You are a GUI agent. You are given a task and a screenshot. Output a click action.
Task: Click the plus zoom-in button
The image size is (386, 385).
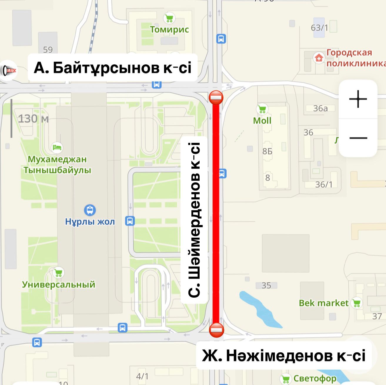coord(358,99)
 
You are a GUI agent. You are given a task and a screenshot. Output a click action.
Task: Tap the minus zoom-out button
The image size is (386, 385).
coord(358,138)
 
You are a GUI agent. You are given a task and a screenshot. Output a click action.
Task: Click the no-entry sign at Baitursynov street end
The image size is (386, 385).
coord(216,98)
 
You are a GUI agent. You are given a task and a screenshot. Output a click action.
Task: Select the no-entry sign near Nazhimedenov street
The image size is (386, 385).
coord(217,330)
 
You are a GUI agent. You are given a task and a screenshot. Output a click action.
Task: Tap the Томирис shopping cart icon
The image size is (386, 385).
coord(169,18)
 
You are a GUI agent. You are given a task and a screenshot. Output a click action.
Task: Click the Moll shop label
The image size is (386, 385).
coord(262,121)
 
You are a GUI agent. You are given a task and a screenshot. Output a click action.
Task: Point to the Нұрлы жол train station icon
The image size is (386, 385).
coord(90,210)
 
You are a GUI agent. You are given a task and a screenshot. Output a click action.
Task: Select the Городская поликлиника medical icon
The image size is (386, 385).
coord(319,58)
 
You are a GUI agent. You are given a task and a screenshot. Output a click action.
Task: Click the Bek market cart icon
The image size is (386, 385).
coord(357,303)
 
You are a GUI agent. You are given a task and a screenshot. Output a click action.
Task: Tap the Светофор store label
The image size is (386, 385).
coord(315,378)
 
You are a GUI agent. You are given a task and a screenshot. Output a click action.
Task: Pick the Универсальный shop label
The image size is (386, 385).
coord(59,284)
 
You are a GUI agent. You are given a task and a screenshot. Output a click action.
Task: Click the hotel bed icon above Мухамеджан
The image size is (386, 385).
coord(57,147)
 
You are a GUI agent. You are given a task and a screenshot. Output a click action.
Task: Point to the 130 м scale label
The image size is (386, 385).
coord(33,119)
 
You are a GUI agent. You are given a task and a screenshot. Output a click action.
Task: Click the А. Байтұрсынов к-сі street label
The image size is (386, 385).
coord(113,68)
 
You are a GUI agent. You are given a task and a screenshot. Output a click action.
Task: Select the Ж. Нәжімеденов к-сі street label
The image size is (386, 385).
coord(284,355)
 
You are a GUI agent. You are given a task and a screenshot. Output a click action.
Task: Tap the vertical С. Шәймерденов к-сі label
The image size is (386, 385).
coord(195,220)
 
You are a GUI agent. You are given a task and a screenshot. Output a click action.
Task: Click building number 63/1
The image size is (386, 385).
coord(320,28)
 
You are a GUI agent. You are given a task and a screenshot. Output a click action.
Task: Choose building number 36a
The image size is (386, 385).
coord(320,108)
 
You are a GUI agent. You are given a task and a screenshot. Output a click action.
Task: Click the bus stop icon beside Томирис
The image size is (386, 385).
coord(221,39)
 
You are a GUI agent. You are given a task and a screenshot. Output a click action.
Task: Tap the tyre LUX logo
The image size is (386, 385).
coord(8,70)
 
